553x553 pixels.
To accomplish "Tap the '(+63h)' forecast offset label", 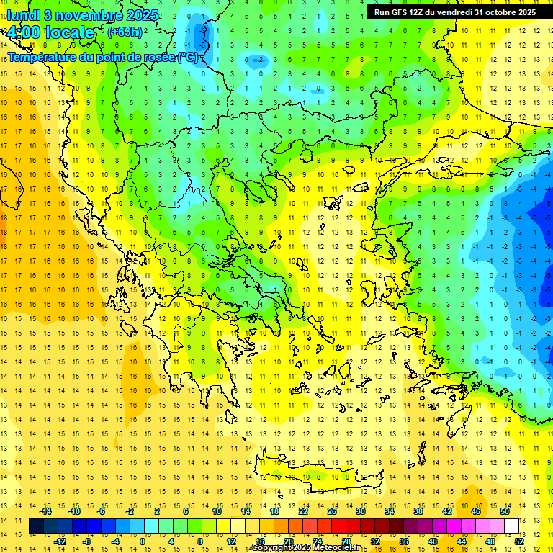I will [125, 32].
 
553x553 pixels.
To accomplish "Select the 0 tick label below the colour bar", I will [143, 541].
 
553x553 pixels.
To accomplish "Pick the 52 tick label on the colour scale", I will [519, 541].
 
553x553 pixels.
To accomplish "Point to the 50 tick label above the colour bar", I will [505, 511].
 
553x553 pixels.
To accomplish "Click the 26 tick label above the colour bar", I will [331, 511].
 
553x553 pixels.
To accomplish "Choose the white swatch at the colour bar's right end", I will [511, 526].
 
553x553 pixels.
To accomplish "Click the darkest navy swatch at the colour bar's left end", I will [37, 526].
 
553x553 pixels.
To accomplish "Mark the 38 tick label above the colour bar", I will [418, 511].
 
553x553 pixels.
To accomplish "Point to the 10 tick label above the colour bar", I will [216, 511].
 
